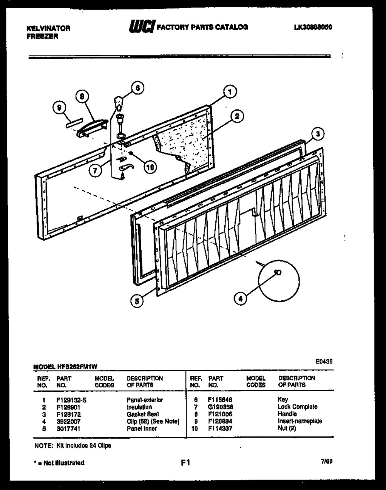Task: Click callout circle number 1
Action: (230, 92)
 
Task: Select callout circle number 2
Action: (237, 116)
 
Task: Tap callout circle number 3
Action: (317, 134)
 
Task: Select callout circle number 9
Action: (59, 109)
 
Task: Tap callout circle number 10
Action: (149, 167)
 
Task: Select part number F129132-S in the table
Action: (71, 400)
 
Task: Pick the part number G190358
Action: (220, 407)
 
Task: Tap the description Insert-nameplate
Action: (300, 421)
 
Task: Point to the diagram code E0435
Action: (324, 362)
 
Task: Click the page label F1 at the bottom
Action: (186, 462)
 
